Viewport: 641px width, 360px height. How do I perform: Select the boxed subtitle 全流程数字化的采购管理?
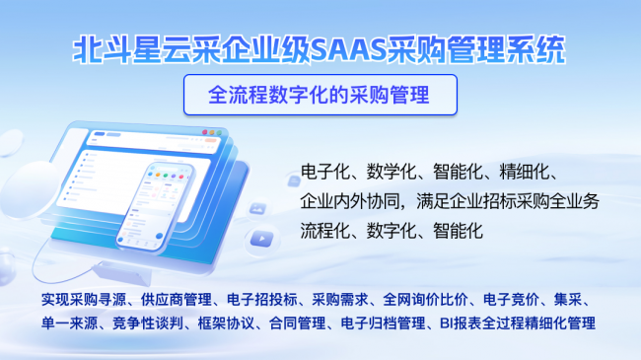(x=320, y=95)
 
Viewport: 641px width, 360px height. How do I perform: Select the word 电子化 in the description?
(x=325, y=174)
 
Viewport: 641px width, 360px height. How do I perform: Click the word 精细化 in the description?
(x=529, y=174)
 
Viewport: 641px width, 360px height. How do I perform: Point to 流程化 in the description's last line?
(x=325, y=232)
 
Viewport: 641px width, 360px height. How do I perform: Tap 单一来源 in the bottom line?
(x=68, y=323)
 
